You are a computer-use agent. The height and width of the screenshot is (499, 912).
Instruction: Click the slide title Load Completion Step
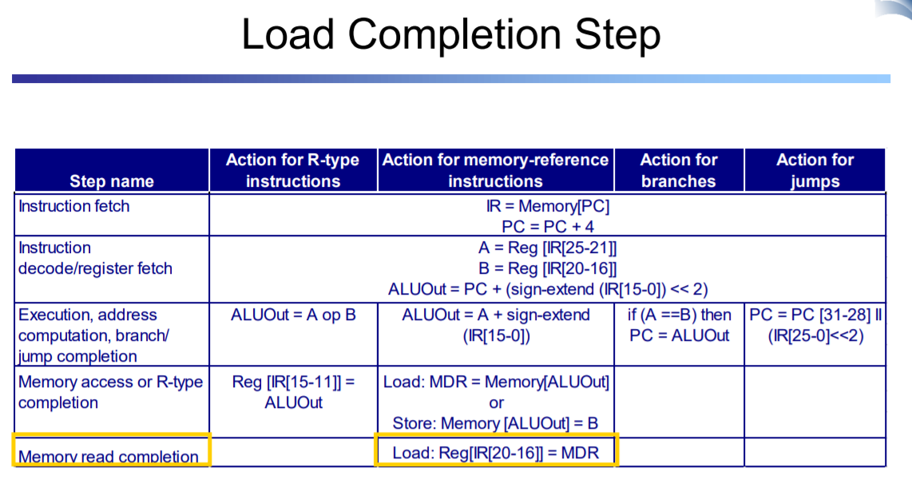(x=450, y=35)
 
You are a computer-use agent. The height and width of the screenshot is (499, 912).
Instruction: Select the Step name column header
(x=112, y=181)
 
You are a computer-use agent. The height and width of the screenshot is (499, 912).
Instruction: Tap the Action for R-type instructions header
(x=292, y=170)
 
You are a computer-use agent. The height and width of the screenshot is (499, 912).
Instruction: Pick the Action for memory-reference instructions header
(x=496, y=170)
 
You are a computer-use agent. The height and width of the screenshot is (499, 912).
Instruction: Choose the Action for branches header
(x=679, y=170)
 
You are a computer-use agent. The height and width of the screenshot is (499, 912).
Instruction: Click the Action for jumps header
(x=815, y=170)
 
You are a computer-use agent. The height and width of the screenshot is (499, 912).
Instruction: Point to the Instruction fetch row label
(x=73, y=207)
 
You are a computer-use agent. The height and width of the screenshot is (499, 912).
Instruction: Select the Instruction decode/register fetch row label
(x=95, y=258)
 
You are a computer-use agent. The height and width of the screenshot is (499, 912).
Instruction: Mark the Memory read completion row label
(x=108, y=457)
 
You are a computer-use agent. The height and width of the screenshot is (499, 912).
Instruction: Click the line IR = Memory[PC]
(x=548, y=207)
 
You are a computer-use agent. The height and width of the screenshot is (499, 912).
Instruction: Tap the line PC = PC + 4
(x=548, y=227)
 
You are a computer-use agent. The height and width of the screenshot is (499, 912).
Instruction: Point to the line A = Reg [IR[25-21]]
(x=547, y=248)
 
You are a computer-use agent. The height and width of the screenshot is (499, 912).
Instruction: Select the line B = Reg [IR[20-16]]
(x=547, y=269)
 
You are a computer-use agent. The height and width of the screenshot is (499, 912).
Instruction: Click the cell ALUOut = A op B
(x=293, y=315)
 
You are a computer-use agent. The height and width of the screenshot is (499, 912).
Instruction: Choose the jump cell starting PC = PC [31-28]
(x=815, y=326)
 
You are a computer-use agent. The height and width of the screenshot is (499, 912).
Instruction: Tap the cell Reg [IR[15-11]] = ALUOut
(x=293, y=393)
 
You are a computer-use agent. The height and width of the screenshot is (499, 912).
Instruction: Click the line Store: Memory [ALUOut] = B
(x=496, y=423)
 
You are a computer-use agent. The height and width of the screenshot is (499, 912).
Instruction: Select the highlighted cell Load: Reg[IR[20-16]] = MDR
(x=496, y=453)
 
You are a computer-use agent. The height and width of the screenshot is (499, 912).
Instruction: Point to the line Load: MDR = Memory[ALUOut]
(x=496, y=382)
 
